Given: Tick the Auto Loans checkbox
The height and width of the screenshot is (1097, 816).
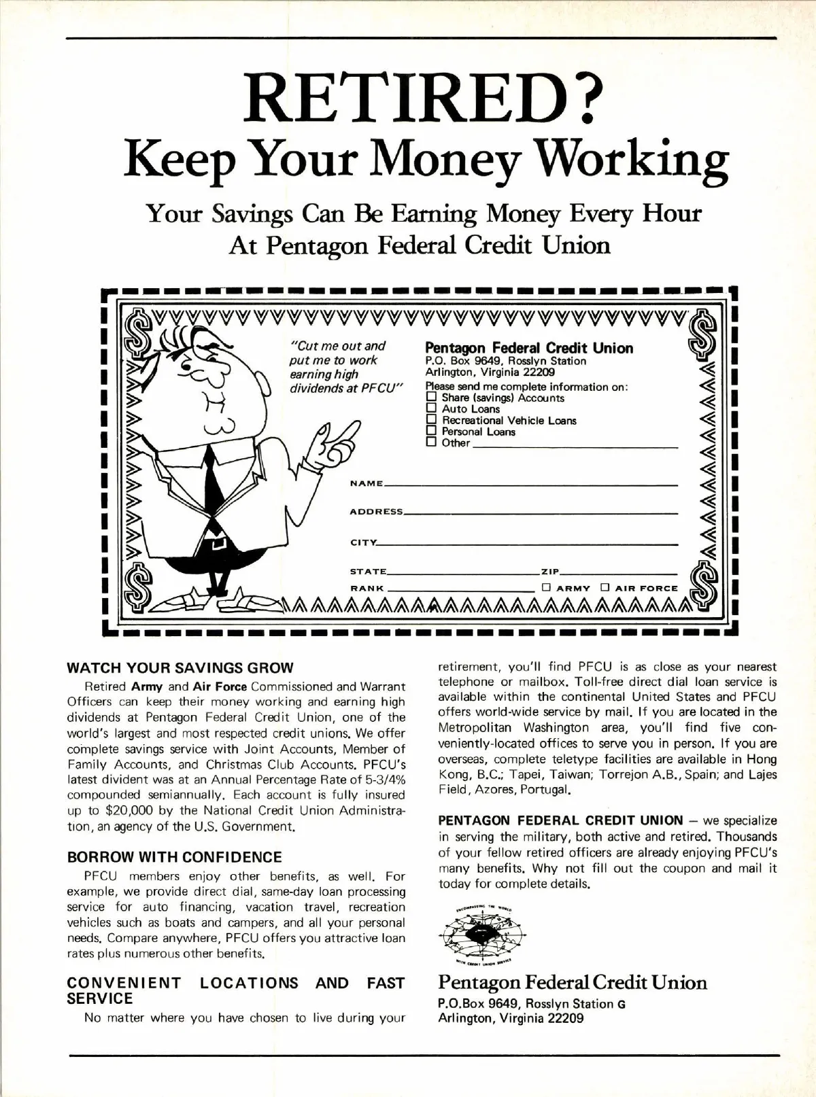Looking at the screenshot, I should click(x=430, y=408).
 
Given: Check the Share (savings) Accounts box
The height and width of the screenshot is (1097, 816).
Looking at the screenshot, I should click(x=430, y=397).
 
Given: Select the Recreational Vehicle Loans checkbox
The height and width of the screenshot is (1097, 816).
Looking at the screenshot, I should click(x=430, y=420).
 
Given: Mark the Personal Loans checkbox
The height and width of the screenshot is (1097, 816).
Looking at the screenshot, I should click(x=430, y=431).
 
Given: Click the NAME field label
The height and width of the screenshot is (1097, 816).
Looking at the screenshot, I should click(x=366, y=483).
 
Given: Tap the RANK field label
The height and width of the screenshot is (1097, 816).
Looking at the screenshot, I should click(x=367, y=588).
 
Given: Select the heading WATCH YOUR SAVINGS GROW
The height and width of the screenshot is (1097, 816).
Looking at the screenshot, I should click(x=180, y=667).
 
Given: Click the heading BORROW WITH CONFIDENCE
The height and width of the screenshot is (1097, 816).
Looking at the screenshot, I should click(x=175, y=856).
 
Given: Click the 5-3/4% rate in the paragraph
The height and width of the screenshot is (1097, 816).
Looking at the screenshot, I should click(x=382, y=779).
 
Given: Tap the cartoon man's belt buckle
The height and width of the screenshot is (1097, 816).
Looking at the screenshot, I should click(x=217, y=543).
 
